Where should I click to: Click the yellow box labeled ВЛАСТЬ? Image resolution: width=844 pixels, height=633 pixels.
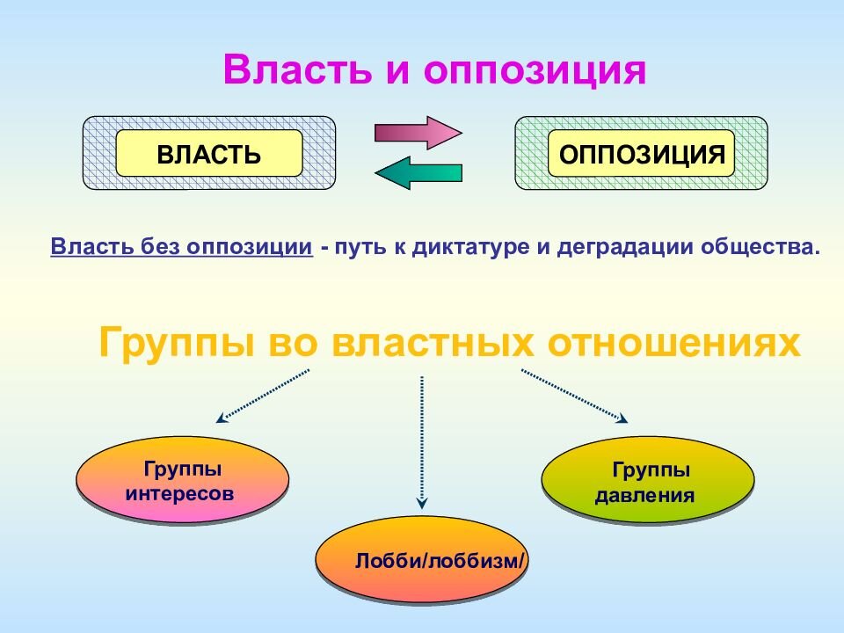tap(209, 155)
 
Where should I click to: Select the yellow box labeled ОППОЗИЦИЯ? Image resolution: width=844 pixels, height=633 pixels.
tap(642, 155)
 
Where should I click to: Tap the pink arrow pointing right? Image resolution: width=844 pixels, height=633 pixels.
tap(418, 133)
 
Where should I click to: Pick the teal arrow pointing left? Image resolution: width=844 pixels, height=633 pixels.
tap(418, 173)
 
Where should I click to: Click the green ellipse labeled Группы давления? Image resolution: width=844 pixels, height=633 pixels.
tap(648, 482)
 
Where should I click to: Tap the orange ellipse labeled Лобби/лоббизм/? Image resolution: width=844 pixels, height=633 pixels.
tap(422, 560)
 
